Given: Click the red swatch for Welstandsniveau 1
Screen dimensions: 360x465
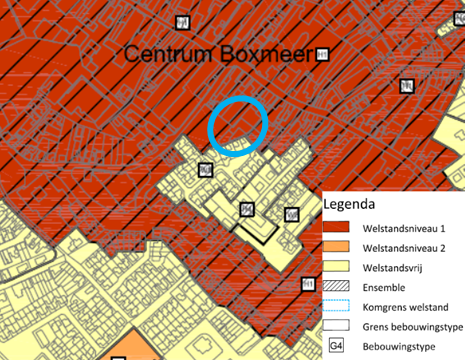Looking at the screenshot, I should point(341,229).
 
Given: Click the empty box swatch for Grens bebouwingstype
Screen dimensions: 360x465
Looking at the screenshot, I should point(341,326).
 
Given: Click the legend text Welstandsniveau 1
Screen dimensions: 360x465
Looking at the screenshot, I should point(406,228).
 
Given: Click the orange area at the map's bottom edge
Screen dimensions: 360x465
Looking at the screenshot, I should point(130,346).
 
